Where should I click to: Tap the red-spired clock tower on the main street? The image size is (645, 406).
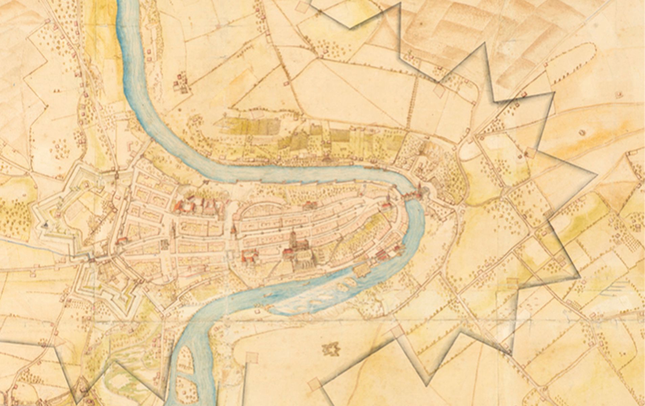[x=233, y=230]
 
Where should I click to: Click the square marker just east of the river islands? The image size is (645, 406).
[x=251, y=358]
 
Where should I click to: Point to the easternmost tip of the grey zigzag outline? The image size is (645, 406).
[x=596, y=175]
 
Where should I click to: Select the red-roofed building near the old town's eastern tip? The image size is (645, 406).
[x=385, y=206]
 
